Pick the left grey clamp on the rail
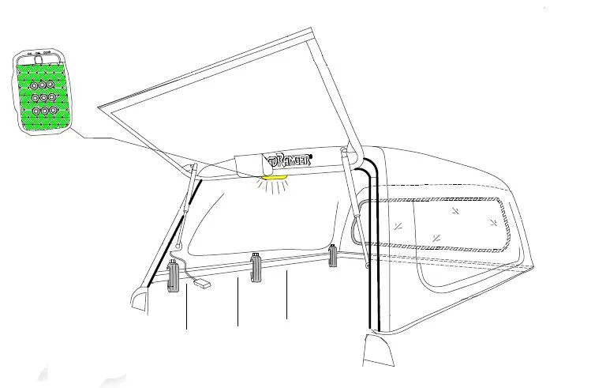point(175,278)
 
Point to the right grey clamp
point(333,256)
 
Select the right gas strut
point(353,194)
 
